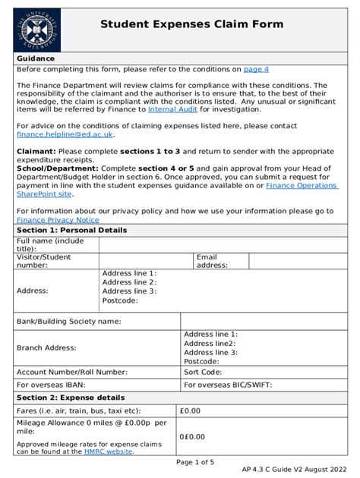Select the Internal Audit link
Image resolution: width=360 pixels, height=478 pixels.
[174, 109]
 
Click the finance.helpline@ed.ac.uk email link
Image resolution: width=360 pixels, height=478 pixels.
[65, 134]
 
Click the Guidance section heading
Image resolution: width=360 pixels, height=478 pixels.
[36, 58]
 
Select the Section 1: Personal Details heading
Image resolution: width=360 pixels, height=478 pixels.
[71, 230]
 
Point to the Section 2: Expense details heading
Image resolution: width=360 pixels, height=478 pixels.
[71, 398]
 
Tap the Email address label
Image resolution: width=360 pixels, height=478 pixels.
[211, 261]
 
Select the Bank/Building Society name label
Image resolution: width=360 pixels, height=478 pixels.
[68, 321]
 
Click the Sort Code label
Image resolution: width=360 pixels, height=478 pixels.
[203, 373]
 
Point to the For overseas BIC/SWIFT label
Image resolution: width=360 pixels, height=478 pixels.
[230, 385]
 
